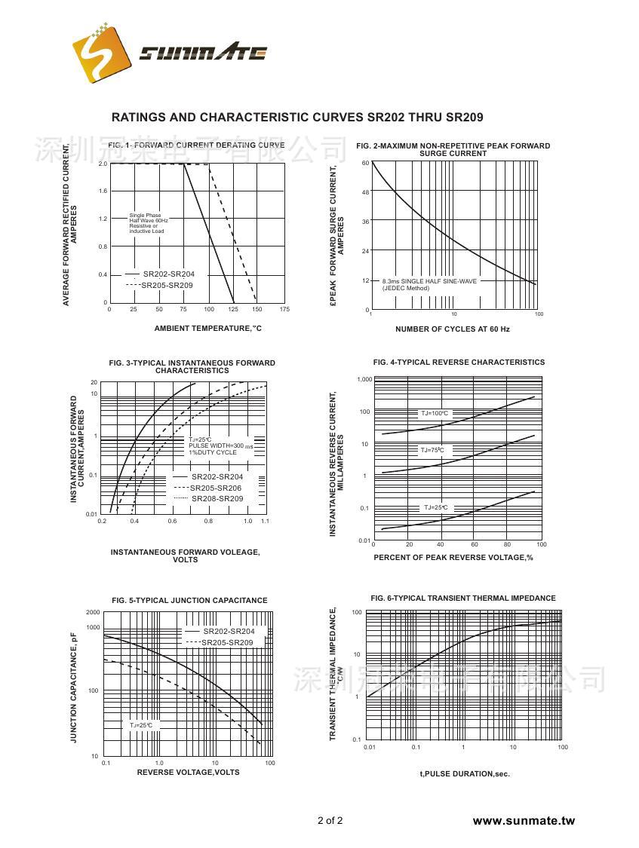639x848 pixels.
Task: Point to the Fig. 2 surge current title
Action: pyautogui.click(x=453, y=149)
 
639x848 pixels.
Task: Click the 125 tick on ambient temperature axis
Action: pyautogui.click(x=233, y=309)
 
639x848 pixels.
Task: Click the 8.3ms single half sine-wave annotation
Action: pyautogui.click(x=429, y=284)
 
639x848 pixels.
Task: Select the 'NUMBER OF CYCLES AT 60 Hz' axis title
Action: pyautogui.click(x=452, y=329)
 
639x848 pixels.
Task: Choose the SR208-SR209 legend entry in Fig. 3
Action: pyautogui.click(x=217, y=499)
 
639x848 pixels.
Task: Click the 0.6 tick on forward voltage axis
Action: pyautogui.click(x=172, y=522)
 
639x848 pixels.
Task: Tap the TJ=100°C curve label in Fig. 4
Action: pyautogui.click(x=435, y=413)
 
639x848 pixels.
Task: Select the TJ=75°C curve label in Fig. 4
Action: pyautogui.click(x=432, y=450)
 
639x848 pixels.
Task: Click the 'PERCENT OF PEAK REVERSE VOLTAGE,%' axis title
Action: pyautogui.click(x=453, y=557)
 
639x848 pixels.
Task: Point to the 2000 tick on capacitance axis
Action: pyautogui.click(x=93, y=612)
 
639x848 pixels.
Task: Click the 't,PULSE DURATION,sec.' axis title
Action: pyautogui.click(x=464, y=774)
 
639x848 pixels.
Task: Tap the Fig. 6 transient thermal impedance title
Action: pyautogui.click(x=462, y=598)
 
